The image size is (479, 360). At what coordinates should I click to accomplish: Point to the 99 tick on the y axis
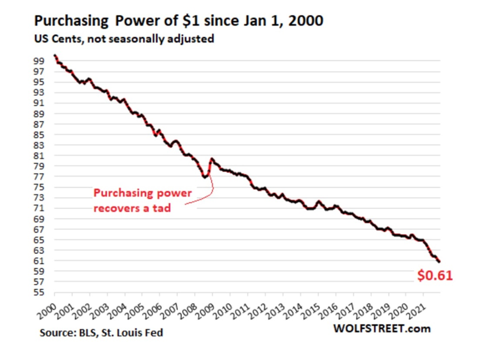(38, 60)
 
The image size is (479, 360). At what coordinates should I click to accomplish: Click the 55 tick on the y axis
(38, 292)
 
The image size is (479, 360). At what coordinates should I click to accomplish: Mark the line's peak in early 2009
(211, 159)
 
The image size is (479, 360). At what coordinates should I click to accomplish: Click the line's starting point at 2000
(54, 56)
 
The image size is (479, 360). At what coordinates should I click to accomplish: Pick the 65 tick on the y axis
(38, 240)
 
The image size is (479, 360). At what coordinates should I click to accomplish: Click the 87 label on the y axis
(38, 123)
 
